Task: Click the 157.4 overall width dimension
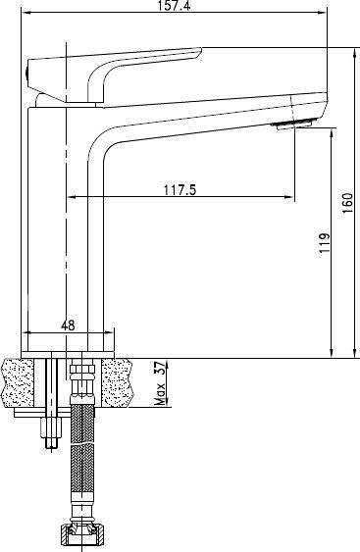coord(174,5)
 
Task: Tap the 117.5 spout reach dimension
coord(180,190)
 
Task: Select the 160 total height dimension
coord(347,203)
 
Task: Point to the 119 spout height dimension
coord(325,243)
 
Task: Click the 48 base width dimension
coord(68,325)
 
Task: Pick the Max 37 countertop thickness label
coord(160,383)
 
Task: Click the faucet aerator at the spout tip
coord(294,125)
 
